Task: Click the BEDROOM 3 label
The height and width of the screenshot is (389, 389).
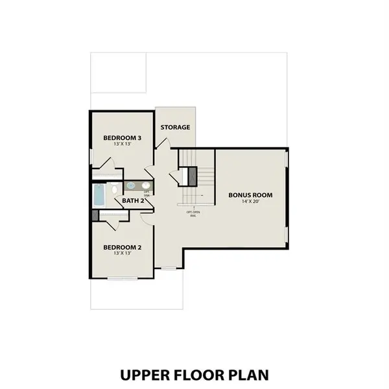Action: [x=123, y=138]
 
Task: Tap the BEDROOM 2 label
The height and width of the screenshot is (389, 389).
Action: [x=123, y=247]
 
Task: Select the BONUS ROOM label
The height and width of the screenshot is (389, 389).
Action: [x=250, y=194]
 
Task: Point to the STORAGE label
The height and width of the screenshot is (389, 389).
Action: [x=175, y=127]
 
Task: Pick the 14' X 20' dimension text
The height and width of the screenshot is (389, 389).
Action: [x=250, y=202]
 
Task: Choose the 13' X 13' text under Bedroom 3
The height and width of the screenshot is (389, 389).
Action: [x=123, y=146]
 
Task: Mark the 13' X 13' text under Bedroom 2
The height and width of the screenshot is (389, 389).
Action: [x=123, y=254]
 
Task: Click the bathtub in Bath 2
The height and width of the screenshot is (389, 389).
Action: [x=99, y=194]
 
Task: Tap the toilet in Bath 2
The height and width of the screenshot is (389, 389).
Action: [x=113, y=189]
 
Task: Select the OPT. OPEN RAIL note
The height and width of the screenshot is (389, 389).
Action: [x=193, y=213]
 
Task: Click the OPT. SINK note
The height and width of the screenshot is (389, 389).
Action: [x=147, y=193]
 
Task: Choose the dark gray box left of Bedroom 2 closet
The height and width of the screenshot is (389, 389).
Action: [x=95, y=217]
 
